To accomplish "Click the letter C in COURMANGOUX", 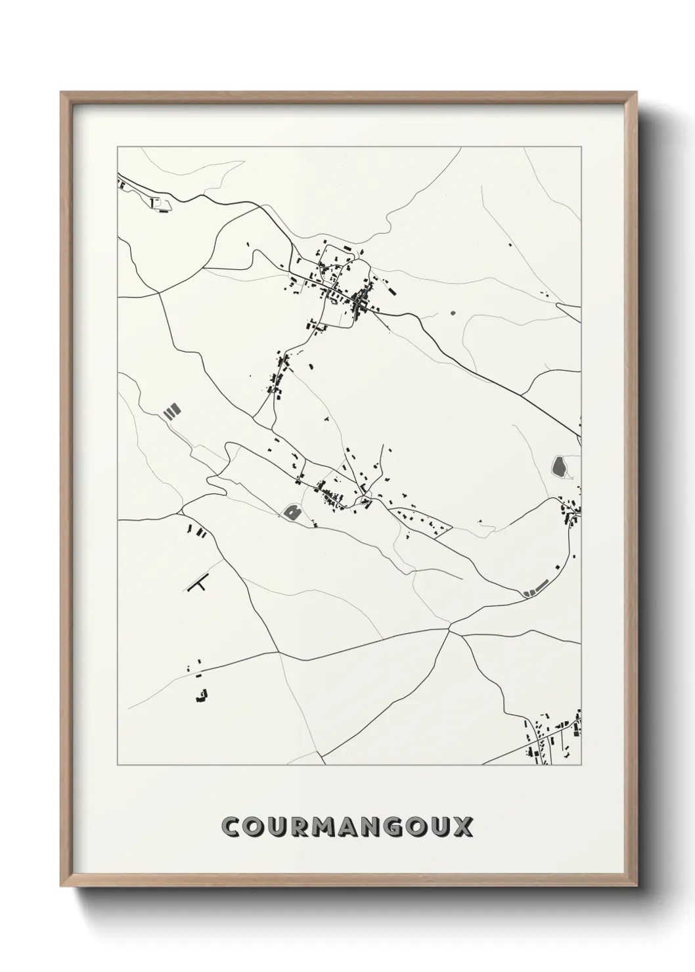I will [x=231, y=826].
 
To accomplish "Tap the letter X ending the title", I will [x=463, y=826].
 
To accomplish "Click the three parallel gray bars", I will [x=172, y=411].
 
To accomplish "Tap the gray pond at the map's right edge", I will [x=560, y=467].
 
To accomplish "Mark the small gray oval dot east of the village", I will [x=452, y=313].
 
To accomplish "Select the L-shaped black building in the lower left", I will [x=202, y=696].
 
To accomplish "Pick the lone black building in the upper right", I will [x=510, y=246].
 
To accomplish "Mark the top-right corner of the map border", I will [x=580, y=146].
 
